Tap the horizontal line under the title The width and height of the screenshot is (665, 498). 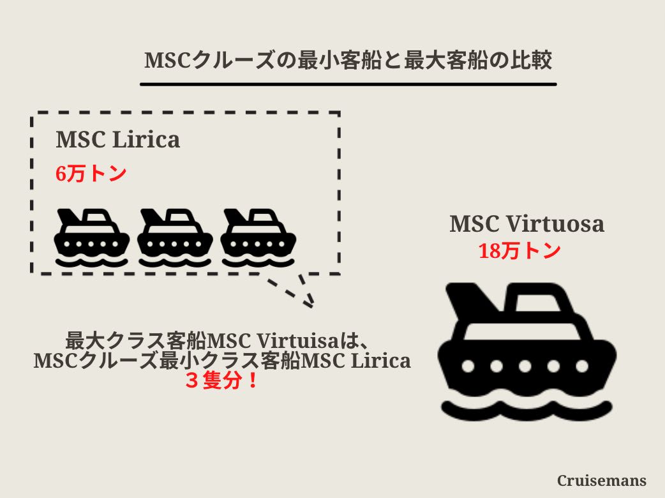[x=348, y=84]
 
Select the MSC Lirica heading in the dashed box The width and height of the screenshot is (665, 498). [x=118, y=139]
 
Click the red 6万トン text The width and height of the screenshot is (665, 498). [x=91, y=174]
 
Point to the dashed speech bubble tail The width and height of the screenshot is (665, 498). [x=297, y=290]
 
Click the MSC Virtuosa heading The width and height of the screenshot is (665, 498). [x=527, y=223]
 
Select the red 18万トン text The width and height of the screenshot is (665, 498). [x=519, y=251]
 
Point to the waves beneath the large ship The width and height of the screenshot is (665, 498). [x=527, y=409]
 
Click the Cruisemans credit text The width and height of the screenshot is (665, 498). [x=602, y=480]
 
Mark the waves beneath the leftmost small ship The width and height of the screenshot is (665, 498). [x=92, y=260]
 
